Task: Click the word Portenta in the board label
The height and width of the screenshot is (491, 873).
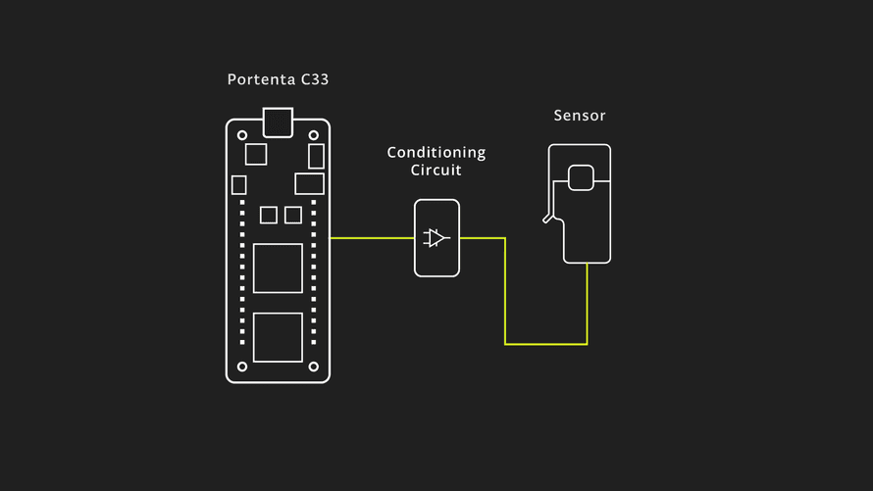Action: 258,80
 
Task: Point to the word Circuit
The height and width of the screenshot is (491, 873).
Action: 436,171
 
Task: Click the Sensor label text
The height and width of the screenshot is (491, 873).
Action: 580,116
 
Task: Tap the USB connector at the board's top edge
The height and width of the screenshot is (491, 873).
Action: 278,122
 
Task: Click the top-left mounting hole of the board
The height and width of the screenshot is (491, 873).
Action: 242,135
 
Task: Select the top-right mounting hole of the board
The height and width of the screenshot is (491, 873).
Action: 314,135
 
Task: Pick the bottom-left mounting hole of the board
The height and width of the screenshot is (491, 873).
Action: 242,367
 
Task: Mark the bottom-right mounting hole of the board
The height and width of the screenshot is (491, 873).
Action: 314,367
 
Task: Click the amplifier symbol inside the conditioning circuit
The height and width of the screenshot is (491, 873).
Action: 436,237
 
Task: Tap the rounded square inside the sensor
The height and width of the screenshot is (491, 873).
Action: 581,177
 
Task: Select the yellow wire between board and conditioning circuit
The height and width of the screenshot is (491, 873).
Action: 372,237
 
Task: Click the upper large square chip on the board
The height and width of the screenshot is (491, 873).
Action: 278,268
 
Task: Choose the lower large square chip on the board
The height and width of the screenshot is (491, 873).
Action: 278,337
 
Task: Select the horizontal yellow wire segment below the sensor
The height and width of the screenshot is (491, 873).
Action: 545,344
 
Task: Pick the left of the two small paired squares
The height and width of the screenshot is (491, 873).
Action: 268,215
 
